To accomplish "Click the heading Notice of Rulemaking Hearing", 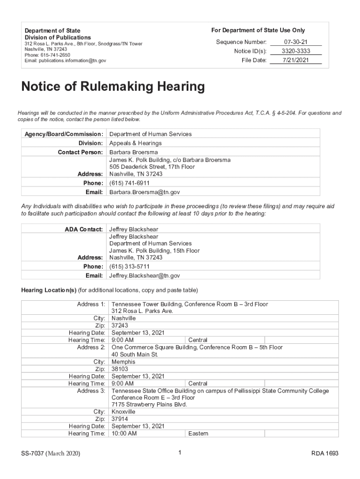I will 113,87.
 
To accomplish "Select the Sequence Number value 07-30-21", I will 296,42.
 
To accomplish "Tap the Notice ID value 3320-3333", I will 296,51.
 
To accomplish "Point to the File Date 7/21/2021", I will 296,60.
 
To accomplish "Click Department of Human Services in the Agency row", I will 151,134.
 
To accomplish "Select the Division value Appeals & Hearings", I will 136,143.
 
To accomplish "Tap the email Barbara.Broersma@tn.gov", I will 144,192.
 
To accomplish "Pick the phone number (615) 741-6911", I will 130,183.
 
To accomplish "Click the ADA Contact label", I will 83,229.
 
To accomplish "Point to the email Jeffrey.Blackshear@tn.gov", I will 144,276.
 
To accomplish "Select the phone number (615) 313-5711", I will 130,267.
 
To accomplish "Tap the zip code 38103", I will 120,369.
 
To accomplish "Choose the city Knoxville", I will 123,412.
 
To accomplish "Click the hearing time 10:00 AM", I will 124,434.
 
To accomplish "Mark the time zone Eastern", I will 198,434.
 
